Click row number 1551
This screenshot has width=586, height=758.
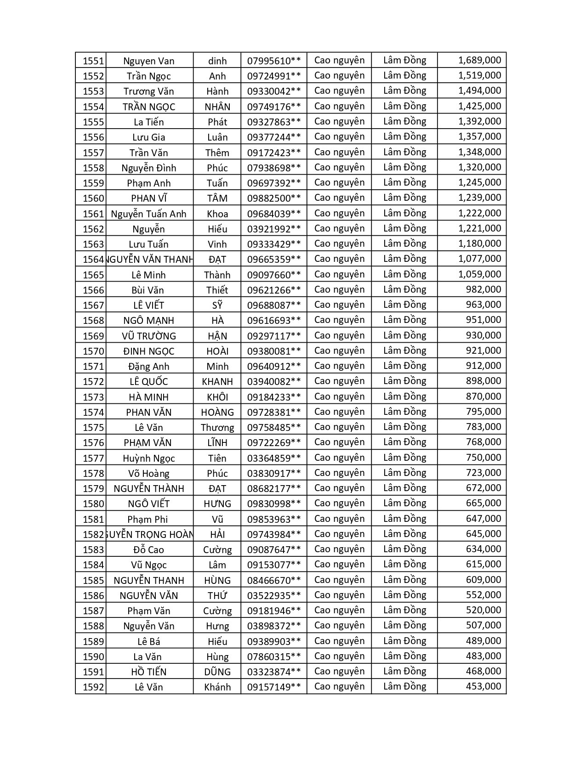(x=93, y=61)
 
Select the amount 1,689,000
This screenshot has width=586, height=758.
(x=479, y=60)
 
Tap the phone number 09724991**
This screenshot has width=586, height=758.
(x=274, y=76)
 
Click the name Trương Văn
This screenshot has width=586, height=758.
(x=148, y=91)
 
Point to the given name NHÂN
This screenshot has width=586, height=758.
(x=217, y=107)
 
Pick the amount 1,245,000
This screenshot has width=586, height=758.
(x=479, y=182)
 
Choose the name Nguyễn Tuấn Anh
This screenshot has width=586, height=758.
(x=148, y=214)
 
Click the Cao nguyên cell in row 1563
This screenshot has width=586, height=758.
(x=339, y=243)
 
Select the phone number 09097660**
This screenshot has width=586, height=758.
(x=274, y=275)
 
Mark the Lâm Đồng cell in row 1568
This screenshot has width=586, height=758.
(x=404, y=320)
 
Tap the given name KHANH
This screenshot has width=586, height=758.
(x=217, y=381)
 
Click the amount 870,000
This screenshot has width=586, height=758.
(x=483, y=396)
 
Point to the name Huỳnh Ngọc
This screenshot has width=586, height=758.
(x=148, y=458)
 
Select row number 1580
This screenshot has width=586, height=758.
(x=93, y=503)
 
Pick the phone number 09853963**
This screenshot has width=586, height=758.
(x=274, y=519)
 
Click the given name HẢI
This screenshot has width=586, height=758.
(x=217, y=534)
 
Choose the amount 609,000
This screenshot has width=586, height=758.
(x=483, y=580)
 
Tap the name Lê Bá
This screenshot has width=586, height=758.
(x=148, y=641)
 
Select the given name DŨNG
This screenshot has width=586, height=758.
(x=217, y=672)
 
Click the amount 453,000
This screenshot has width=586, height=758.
(x=483, y=686)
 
